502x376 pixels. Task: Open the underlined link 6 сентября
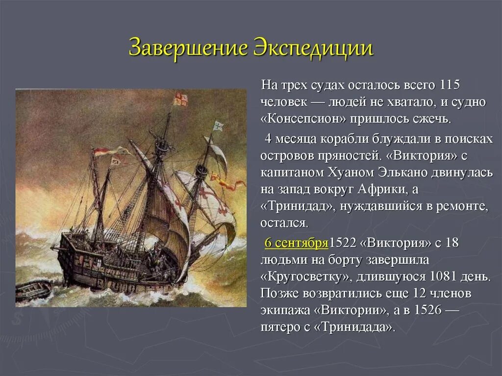296,243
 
